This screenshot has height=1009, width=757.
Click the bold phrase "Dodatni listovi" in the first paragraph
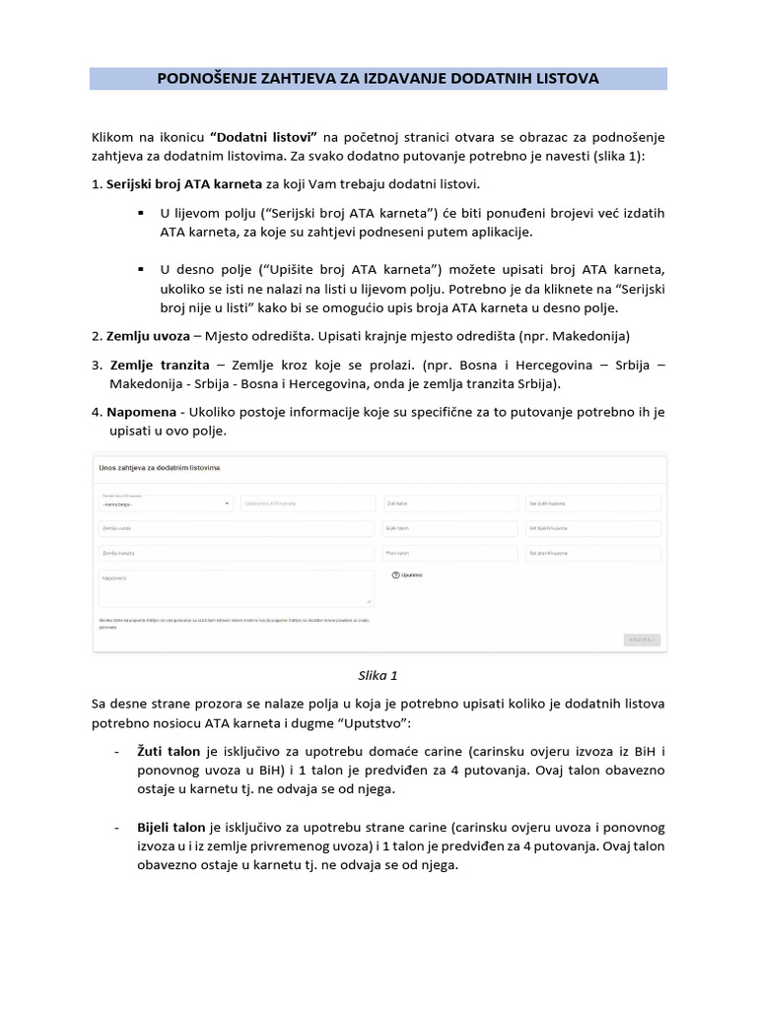pos(263,136)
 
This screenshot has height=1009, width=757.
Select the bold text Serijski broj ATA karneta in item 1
pos(184,183)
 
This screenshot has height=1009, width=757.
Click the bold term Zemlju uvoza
pos(148,335)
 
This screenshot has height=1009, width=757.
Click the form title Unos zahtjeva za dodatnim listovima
pos(159,467)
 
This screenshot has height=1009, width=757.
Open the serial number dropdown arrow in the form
pos(228,504)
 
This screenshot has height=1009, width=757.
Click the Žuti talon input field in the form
pos(449,504)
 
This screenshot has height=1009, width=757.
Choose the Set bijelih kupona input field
pos(592,528)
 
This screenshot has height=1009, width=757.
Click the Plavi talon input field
pos(449,554)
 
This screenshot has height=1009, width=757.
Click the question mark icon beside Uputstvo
pos(395,574)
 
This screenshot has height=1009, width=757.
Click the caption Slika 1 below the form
pos(378,676)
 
